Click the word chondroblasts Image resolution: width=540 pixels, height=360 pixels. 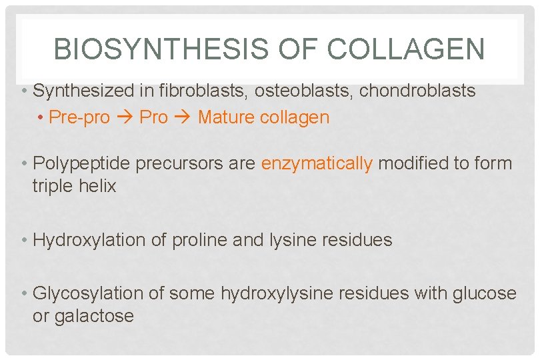tap(418, 91)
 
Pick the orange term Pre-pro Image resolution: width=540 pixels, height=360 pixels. tap(79, 117)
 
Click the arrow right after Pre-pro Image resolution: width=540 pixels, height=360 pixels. tap(125, 117)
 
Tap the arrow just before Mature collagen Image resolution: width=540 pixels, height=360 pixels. tap(183, 117)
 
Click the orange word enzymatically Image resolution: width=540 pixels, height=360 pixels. tap(317, 164)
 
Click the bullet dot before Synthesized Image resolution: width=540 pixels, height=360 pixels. tap(23, 91)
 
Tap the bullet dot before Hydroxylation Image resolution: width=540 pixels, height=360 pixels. tap(23, 241)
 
